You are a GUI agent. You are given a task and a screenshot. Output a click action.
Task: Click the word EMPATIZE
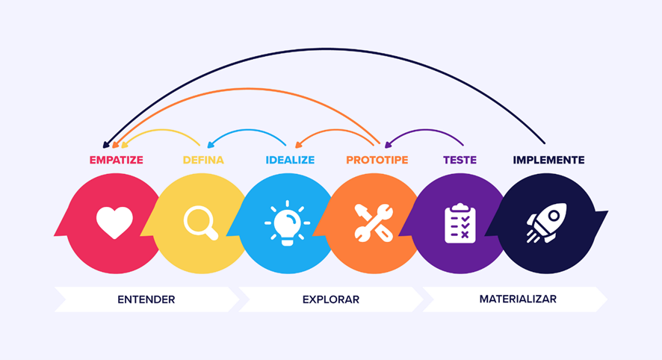116,160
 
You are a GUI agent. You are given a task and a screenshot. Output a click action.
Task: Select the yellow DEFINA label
203,160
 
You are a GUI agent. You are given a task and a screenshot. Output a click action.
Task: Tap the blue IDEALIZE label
290,160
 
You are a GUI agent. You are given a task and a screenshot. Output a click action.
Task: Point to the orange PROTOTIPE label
377,160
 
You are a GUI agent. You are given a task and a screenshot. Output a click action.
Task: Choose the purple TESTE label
460,160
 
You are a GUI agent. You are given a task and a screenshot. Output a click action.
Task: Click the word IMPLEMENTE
548,160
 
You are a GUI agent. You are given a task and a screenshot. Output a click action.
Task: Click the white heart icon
115,223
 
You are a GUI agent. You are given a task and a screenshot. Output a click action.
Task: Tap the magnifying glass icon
201,223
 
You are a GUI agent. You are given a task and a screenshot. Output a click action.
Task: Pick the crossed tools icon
374,223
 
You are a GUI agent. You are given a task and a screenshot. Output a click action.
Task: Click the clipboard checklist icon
460,223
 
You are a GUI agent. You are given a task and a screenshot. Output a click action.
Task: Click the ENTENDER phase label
146,300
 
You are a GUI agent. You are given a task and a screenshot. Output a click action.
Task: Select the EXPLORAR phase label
331,300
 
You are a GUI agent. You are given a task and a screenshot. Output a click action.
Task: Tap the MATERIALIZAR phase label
518,299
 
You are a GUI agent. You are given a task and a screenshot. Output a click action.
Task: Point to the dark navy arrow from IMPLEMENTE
329,49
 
